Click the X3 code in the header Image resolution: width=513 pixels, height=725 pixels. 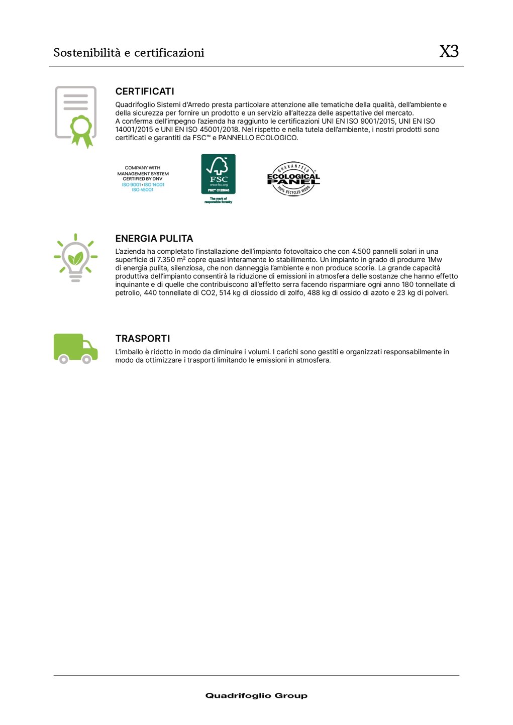[x=449, y=51]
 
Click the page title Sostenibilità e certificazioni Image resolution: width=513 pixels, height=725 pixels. [x=129, y=53]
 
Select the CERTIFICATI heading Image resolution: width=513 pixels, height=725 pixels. [x=145, y=91]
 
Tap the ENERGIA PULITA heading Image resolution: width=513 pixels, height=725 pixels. [x=154, y=239]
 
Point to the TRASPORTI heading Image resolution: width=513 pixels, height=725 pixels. [x=143, y=339]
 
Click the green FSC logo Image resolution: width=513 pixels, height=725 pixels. [x=218, y=174]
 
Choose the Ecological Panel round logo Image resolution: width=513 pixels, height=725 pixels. [x=293, y=179]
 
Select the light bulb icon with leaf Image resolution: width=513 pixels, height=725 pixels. [x=75, y=257]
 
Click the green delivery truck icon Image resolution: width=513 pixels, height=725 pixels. [x=75, y=348]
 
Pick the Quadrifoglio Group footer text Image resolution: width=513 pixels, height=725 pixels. [x=256, y=696]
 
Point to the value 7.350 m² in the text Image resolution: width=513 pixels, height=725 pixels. [x=171, y=260]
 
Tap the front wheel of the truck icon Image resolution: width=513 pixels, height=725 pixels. [x=86, y=359]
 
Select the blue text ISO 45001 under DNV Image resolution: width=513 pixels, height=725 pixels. [x=143, y=190]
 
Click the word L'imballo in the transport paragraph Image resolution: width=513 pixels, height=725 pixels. [x=130, y=352]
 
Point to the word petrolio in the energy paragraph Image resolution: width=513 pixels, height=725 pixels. [x=128, y=293]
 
